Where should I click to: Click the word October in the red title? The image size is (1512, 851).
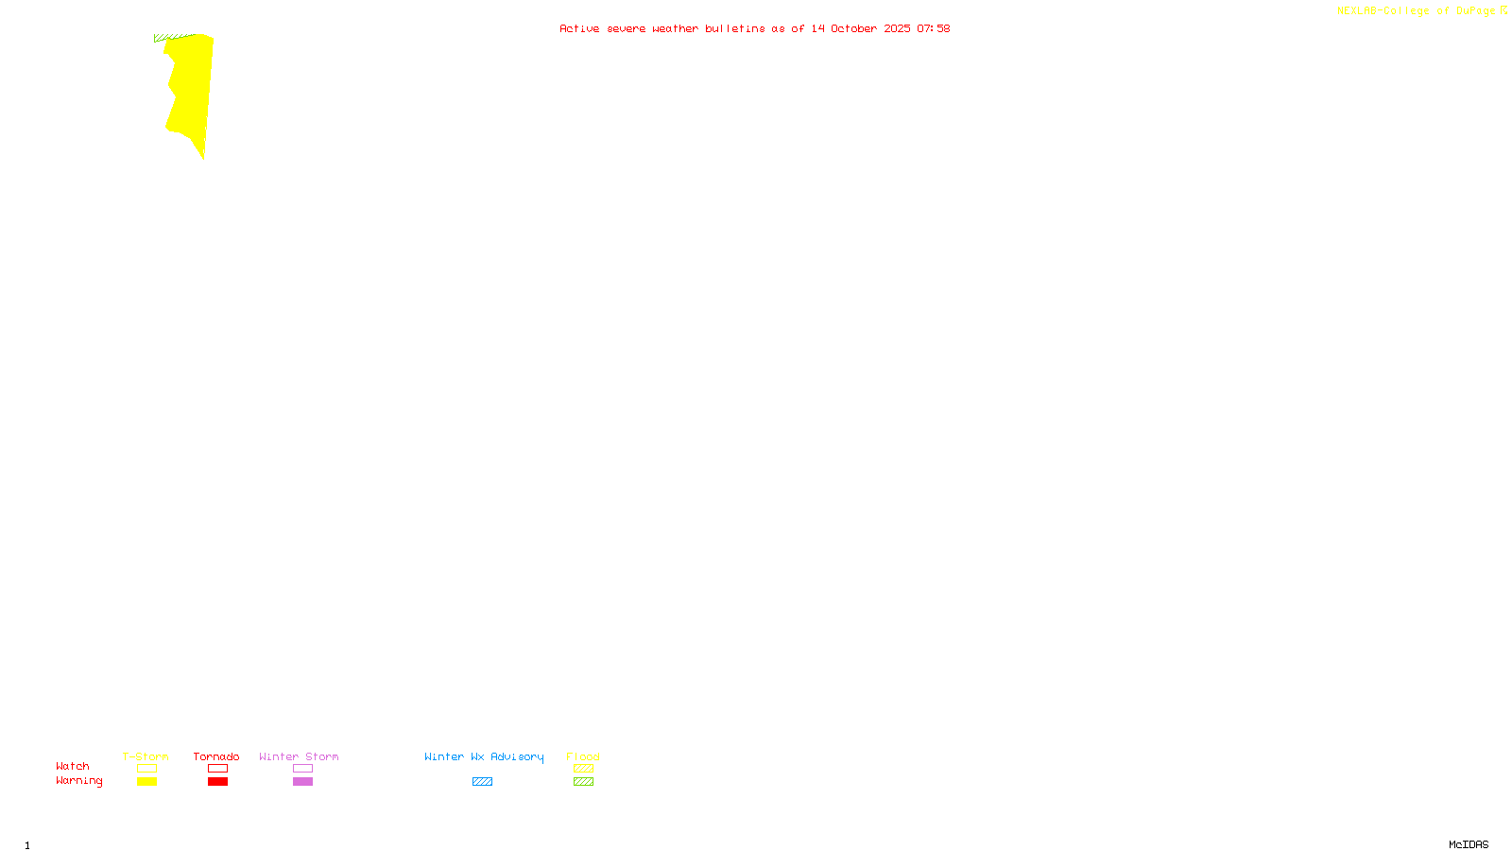[853, 28]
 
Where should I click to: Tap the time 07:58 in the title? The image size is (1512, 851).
[933, 28]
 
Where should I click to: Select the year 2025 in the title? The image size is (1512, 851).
[897, 28]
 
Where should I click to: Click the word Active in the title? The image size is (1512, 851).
[579, 28]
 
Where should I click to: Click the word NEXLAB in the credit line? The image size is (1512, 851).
[1357, 11]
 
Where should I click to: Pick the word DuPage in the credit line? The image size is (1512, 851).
[1475, 11]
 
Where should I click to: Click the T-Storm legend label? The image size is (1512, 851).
[146, 756]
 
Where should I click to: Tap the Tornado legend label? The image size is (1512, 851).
[216, 756]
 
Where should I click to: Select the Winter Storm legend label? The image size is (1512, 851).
[299, 756]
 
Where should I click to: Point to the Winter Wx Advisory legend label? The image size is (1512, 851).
[484, 756]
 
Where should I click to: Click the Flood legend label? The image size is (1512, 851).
[583, 756]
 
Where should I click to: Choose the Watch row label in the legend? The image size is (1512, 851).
[73, 766]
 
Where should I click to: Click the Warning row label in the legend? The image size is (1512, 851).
[79, 781]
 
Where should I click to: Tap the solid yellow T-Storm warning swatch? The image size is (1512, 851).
[146, 782]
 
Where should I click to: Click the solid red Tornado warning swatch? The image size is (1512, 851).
[217, 782]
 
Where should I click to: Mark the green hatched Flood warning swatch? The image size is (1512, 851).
[583, 782]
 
